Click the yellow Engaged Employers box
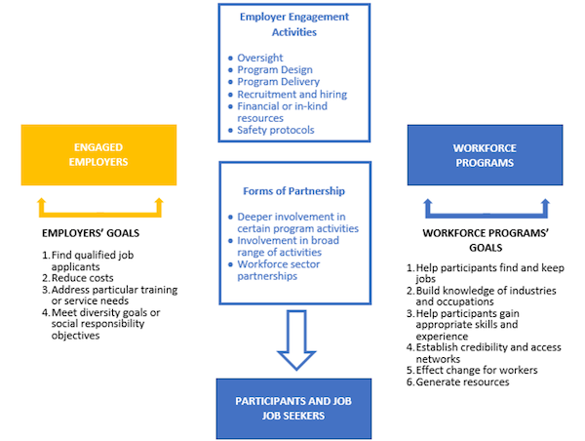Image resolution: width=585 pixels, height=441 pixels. (x=97, y=153)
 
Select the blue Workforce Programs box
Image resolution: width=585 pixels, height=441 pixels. (x=485, y=155)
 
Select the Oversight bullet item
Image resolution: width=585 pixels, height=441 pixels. (x=260, y=59)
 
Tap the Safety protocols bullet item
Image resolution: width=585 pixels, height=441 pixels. (x=279, y=130)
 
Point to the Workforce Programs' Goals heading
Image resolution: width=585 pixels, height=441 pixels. (x=487, y=234)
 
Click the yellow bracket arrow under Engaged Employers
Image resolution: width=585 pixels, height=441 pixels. (x=99, y=208)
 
